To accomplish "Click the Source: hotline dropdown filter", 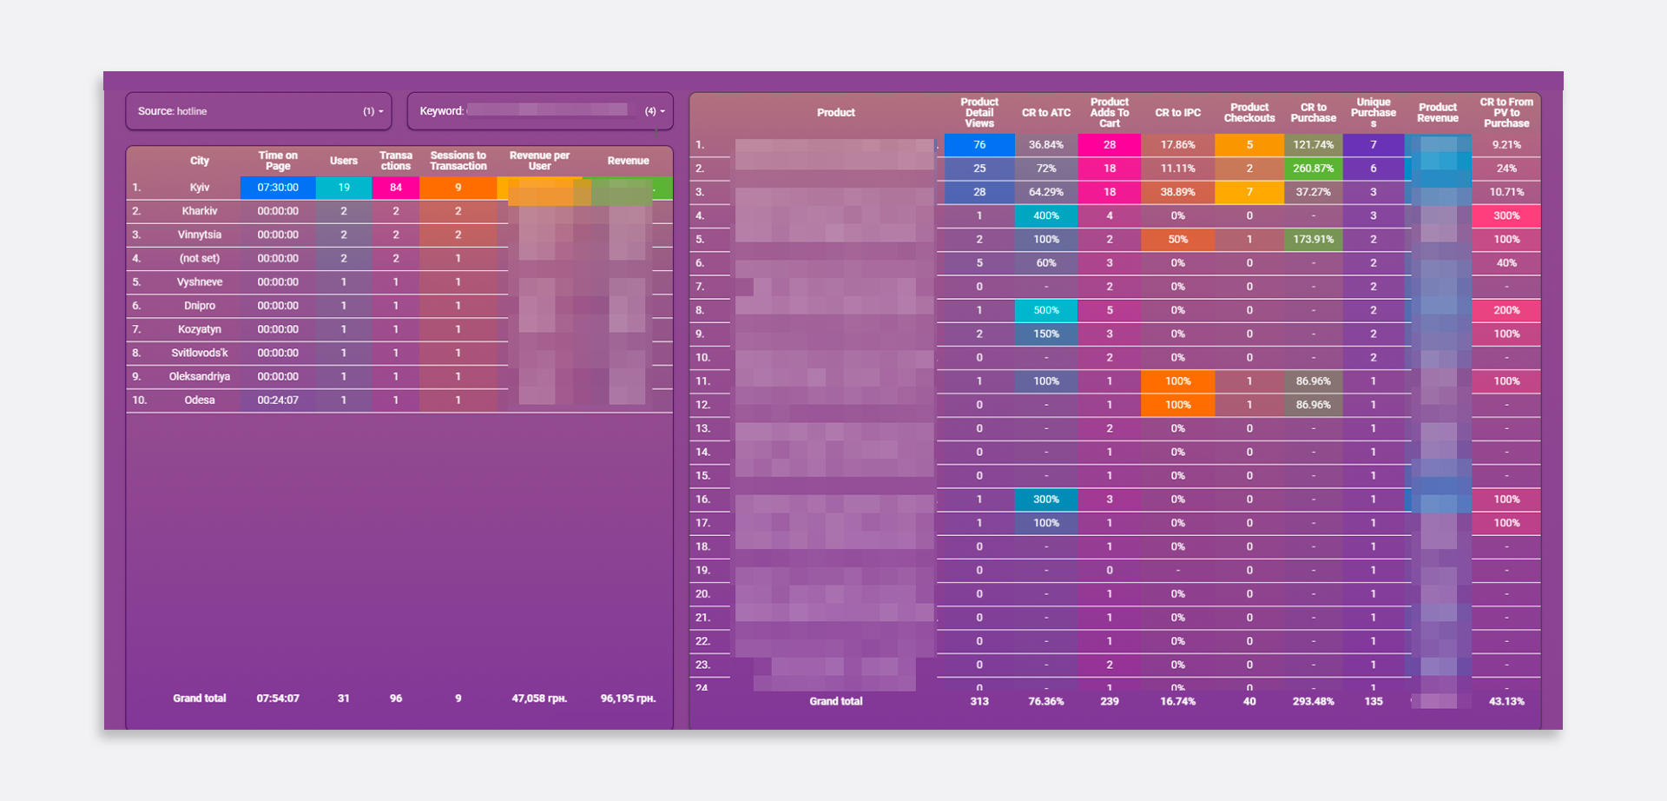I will pos(259,111).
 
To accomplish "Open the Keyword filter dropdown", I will pos(540,111).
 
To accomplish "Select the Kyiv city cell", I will pos(200,188).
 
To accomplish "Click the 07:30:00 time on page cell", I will pos(278,188).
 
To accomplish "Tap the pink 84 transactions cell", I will pos(396,188).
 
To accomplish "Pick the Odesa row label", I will pos(200,400).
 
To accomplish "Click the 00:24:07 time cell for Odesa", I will pos(278,400).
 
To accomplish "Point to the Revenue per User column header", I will pos(539,161).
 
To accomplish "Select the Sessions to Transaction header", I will pos(458,161).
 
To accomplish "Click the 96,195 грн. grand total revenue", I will pos(628,698).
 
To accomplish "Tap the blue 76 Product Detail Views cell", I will pos(979,145).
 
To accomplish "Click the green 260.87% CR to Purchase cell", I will pos(1313,169).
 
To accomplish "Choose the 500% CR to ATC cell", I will pos(1046,310).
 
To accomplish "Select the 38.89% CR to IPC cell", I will pos(1177,192).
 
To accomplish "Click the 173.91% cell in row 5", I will pos(1313,240).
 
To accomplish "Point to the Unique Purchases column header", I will pos(1373,112).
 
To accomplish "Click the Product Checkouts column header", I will pos(1249,113).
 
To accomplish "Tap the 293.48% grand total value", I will pos(1313,702).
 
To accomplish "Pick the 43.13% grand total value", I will pos(1506,702).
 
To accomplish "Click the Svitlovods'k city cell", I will pos(200,354).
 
